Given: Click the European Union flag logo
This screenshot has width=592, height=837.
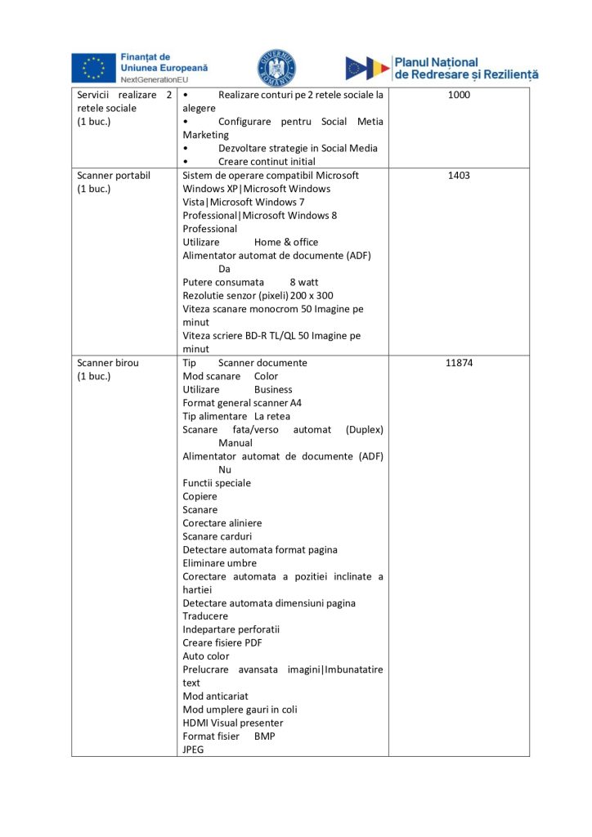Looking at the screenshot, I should click(93, 67).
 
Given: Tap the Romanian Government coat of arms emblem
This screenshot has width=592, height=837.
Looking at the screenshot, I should click(277, 68).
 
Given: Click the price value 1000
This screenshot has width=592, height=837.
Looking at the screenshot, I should click(459, 95).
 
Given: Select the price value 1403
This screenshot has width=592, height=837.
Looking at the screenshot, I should click(459, 176).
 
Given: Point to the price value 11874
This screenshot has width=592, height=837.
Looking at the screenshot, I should click(459, 363).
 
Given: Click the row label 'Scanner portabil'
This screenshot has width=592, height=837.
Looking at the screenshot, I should click(114, 176).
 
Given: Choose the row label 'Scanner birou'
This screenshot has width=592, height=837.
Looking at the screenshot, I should click(108, 363).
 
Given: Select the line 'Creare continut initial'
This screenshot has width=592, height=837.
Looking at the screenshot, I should click(267, 162).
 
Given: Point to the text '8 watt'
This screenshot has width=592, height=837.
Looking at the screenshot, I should click(303, 282).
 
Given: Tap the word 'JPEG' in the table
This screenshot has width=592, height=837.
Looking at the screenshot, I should click(195, 750).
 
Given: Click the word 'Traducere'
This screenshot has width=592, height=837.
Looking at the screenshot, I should click(205, 616).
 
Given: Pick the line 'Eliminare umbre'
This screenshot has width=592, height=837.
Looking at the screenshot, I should click(219, 563).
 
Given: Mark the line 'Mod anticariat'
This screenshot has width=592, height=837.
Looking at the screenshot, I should click(215, 696).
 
